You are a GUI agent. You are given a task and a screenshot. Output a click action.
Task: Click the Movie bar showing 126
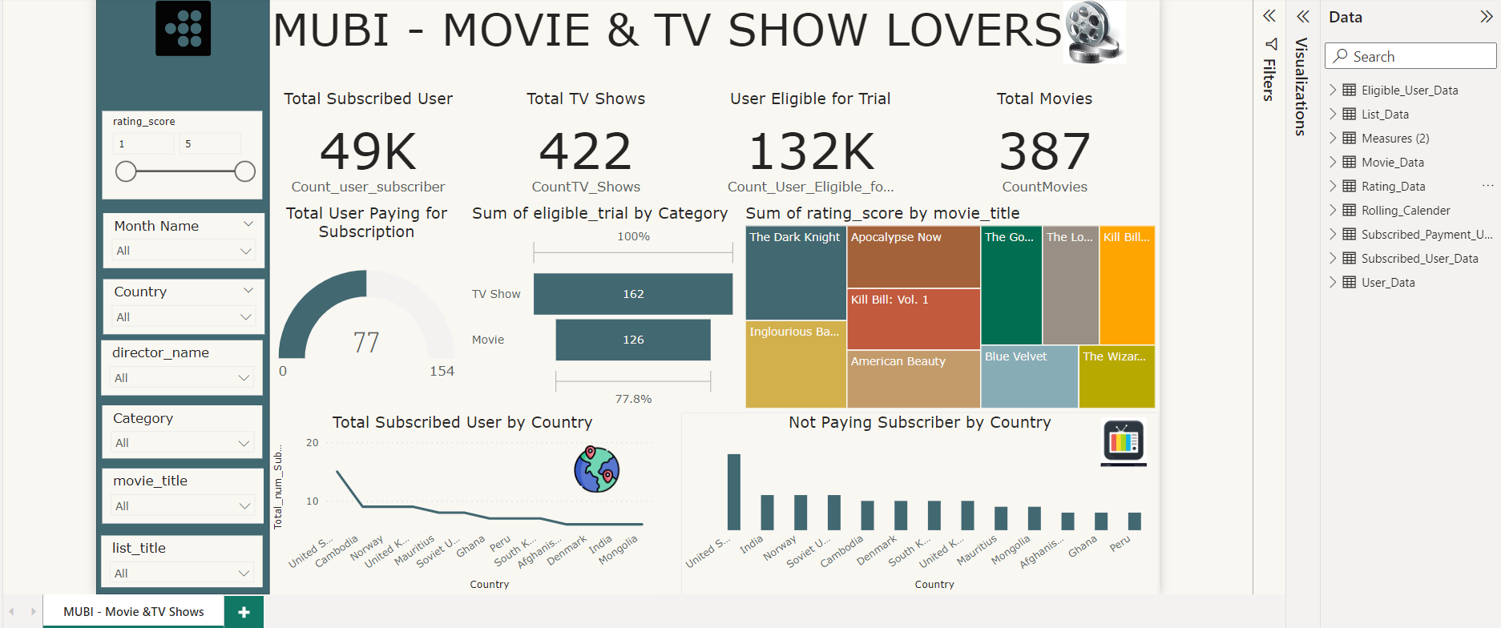coord(633,340)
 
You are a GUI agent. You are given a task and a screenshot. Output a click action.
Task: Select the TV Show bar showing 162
coord(633,294)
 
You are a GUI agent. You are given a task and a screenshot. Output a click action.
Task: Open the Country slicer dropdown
coord(183,317)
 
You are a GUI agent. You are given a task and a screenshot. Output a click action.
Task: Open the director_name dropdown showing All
coord(183,378)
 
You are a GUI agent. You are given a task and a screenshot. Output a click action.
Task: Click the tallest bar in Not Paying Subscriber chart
coord(733,492)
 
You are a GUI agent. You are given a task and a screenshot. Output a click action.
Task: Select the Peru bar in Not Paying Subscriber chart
coord(1134,521)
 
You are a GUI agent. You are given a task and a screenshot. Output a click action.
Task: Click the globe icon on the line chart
coord(596,469)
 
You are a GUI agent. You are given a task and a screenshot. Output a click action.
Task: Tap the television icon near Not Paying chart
coord(1124,441)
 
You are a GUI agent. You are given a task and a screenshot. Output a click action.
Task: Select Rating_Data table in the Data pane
coord(1393,187)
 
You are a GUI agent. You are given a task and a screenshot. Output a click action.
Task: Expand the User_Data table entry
coord(1333,282)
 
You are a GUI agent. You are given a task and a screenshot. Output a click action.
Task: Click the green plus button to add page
coord(244,612)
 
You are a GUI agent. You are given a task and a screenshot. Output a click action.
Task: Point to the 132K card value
coord(810,151)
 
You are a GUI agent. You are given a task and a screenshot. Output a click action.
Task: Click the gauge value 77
coord(366,343)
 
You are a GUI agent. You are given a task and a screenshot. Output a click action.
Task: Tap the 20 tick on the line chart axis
coord(313,443)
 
